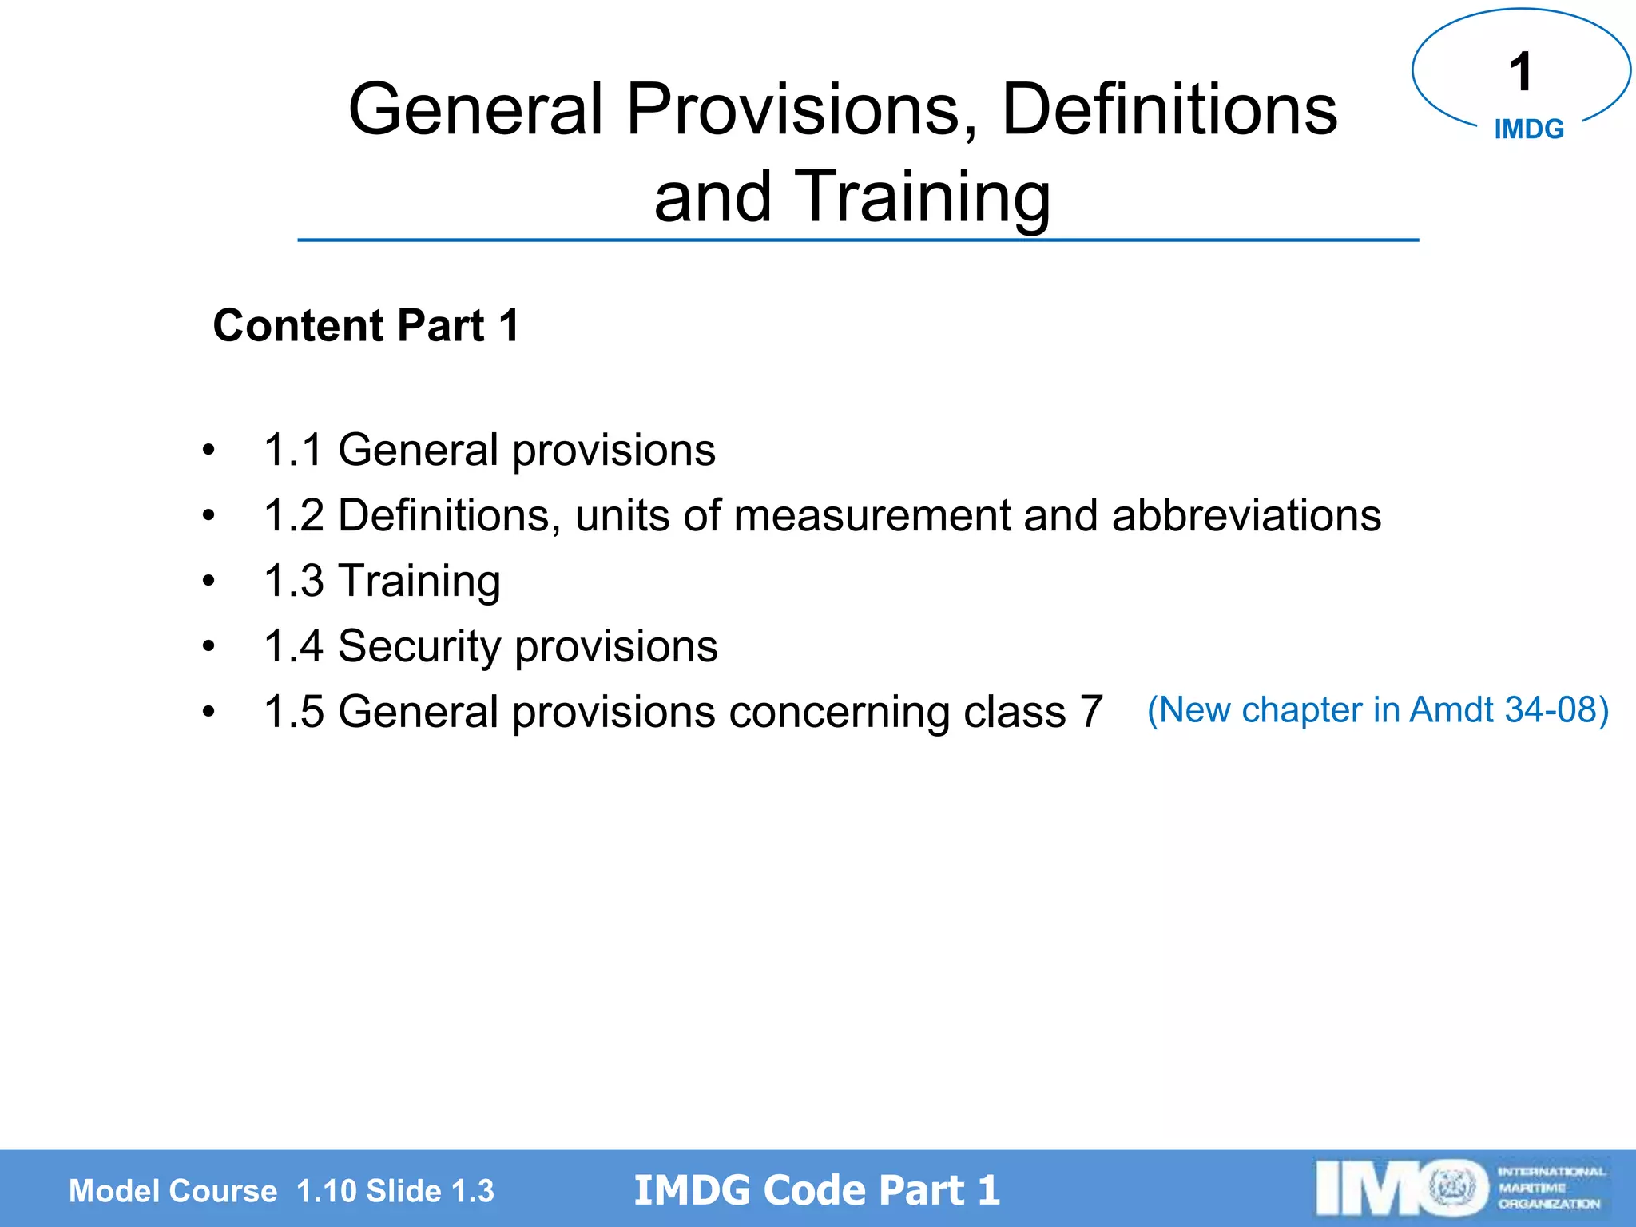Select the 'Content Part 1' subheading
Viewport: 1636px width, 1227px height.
(x=366, y=326)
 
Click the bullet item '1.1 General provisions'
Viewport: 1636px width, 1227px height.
(x=489, y=450)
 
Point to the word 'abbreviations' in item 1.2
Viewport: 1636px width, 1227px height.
(x=1246, y=515)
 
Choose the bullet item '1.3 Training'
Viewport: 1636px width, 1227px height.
(x=382, y=581)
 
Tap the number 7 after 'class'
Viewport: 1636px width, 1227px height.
(x=1090, y=711)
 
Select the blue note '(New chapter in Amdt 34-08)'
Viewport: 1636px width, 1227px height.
(x=1378, y=709)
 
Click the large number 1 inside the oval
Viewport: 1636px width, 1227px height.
(x=1520, y=72)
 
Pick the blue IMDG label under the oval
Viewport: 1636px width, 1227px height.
(x=1529, y=129)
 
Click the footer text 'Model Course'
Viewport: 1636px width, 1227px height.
(x=173, y=1191)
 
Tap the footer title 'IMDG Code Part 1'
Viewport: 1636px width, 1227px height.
(x=816, y=1190)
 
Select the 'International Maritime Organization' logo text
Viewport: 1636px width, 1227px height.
(x=1550, y=1188)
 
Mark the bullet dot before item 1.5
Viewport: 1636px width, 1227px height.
(x=208, y=711)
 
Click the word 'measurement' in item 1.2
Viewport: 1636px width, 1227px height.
(x=872, y=515)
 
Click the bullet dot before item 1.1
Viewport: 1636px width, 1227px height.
(x=208, y=450)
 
